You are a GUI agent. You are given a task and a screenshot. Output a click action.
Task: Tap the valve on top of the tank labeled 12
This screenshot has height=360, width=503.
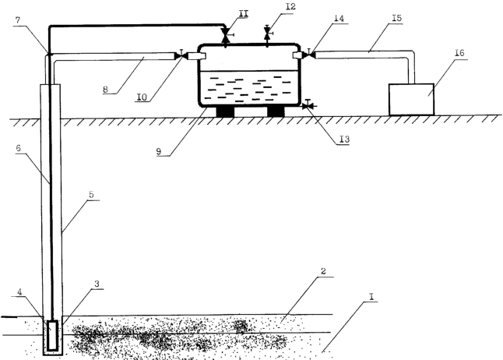[268, 33]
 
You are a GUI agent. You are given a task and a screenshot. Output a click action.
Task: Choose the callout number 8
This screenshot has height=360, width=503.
[109, 89]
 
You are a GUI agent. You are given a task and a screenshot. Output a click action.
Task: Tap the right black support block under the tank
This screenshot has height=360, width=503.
[276, 111]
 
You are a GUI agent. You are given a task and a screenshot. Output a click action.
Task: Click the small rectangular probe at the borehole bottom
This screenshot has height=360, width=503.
[53, 336]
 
